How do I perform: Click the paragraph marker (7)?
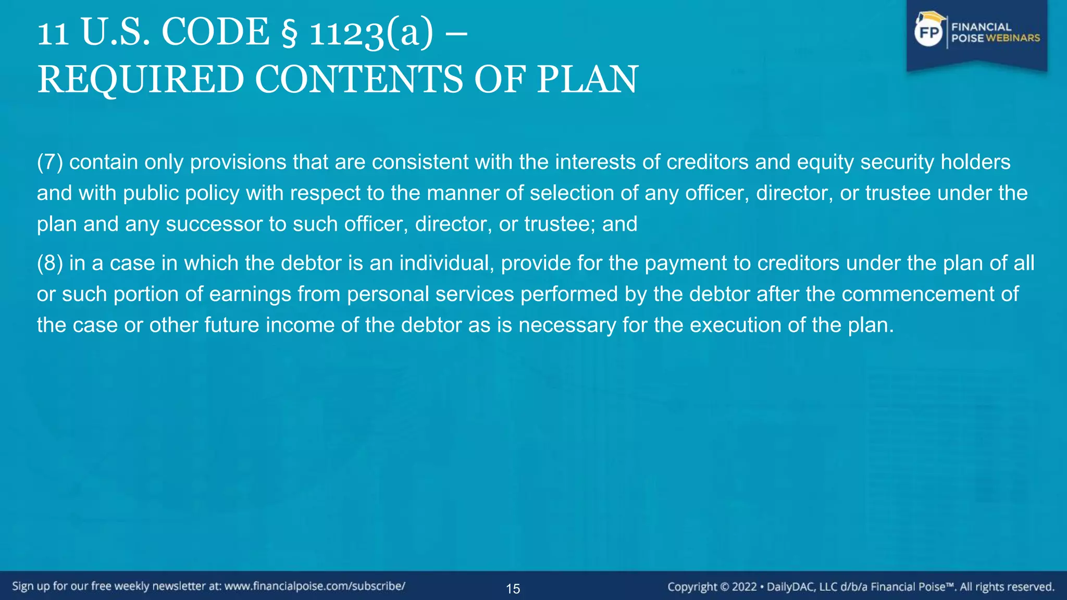pos(49,162)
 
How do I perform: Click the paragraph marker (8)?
pos(49,263)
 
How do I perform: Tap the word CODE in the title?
pos(216,32)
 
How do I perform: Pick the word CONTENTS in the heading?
pos(358,80)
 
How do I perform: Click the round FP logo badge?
pos(929,32)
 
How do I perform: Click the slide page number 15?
pos(513,589)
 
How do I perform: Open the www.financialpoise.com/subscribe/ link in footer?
pos(315,586)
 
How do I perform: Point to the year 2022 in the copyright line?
pos(744,587)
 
